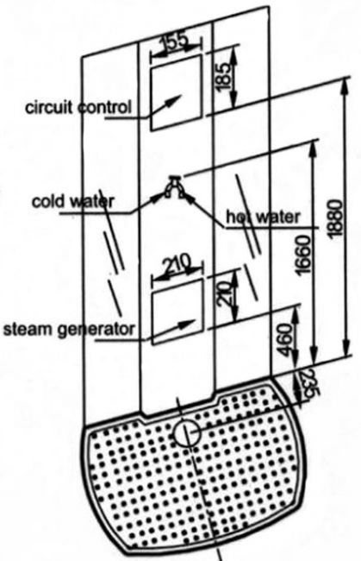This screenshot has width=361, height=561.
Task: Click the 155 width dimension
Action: [x=175, y=41]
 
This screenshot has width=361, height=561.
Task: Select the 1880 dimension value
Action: [x=336, y=218]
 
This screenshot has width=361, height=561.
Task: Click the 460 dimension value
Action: [x=286, y=339]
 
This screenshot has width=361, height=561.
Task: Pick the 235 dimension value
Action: [x=307, y=384]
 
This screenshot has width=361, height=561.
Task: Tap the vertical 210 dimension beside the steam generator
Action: [x=224, y=294]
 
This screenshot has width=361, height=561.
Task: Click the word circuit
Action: [x=49, y=107]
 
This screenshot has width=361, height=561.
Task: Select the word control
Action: [x=104, y=107]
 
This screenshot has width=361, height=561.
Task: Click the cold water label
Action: [x=72, y=201]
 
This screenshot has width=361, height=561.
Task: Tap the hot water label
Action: [x=264, y=217]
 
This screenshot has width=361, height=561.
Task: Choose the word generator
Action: [x=96, y=329]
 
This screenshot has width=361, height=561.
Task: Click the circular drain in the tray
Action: [x=187, y=432]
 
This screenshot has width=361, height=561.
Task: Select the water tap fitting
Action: [x=175, y=186]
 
